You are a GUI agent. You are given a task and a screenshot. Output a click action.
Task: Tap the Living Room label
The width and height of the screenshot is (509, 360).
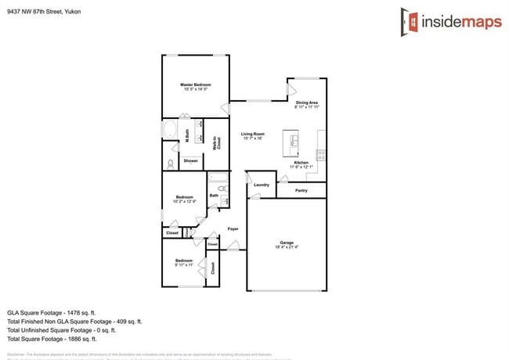coord(252,135)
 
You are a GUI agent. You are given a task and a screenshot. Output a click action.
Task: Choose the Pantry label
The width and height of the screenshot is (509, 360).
coord(301,190)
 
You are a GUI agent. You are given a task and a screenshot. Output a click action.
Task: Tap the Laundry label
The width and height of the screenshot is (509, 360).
coord(262,185)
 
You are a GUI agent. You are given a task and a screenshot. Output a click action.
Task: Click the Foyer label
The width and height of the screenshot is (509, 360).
coord(233,229)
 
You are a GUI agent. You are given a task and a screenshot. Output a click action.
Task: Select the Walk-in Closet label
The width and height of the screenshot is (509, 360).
coord(218,142)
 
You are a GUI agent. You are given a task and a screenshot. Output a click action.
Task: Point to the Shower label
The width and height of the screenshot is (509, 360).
coord(190,161)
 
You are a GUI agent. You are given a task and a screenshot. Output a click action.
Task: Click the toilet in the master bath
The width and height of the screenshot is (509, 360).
coord(170,164)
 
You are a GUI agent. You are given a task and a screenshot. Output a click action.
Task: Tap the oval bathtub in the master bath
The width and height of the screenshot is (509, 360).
coord(169,130)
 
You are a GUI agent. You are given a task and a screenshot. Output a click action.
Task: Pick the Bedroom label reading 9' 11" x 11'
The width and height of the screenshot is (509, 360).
coord(184,262)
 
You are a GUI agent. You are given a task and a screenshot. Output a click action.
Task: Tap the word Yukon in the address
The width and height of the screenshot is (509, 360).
coord(72,12)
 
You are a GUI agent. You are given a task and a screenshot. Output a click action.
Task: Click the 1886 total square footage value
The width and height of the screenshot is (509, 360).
coord(72,339)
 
